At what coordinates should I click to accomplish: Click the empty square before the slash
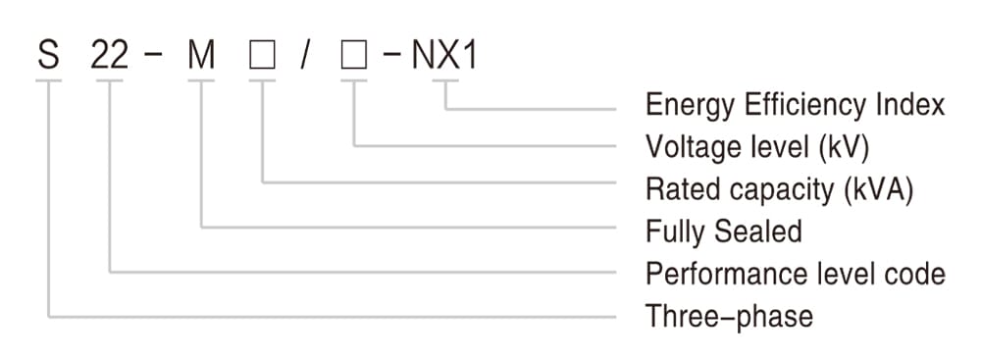pyautogui.click(x=263, y=55)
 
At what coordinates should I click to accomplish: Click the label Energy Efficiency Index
pyautogui.click(x=795, y=105)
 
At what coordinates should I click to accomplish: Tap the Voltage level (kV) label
pyautogui.click(x=757, y=147)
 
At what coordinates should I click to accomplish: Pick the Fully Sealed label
pyautogui.click(x=724, y=231)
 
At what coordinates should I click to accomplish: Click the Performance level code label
pyautogui.click(x=795, y=274)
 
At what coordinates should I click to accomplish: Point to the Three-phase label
pyautogui.click(x=729, y=316)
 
